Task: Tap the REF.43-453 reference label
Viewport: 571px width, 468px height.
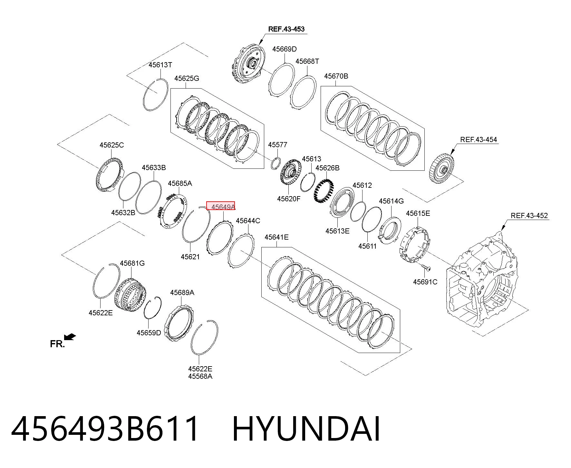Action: point(286,29)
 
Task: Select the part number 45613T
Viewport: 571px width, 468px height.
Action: point(160,65)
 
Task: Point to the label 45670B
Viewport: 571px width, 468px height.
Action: point(336,76)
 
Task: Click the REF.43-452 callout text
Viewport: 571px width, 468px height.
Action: point(529,215)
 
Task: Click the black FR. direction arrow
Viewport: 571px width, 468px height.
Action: point(70,337)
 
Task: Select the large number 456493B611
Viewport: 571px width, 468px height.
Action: point(105,429)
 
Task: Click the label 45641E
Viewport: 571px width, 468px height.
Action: point(276,237)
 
